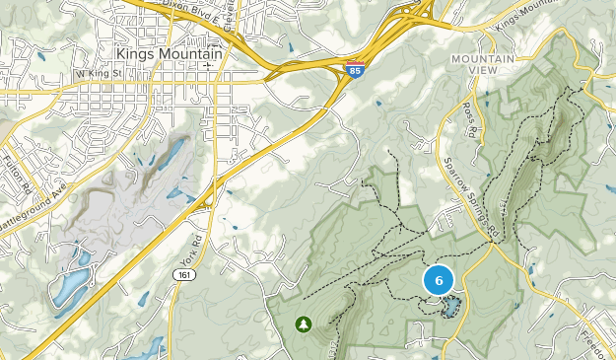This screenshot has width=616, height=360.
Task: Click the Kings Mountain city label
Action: coord(169,53)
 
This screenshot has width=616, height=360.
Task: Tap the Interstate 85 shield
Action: coord(354,69)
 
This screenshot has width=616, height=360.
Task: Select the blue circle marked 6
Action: coord(439,280)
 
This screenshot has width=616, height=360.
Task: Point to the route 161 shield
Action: coord(183,273)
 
